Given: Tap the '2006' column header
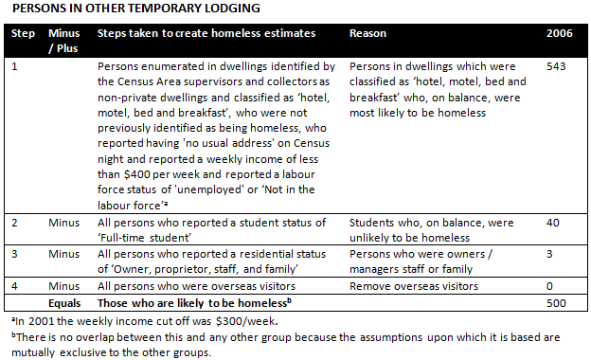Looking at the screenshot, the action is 559,33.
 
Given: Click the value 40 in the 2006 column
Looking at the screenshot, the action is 553,223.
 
